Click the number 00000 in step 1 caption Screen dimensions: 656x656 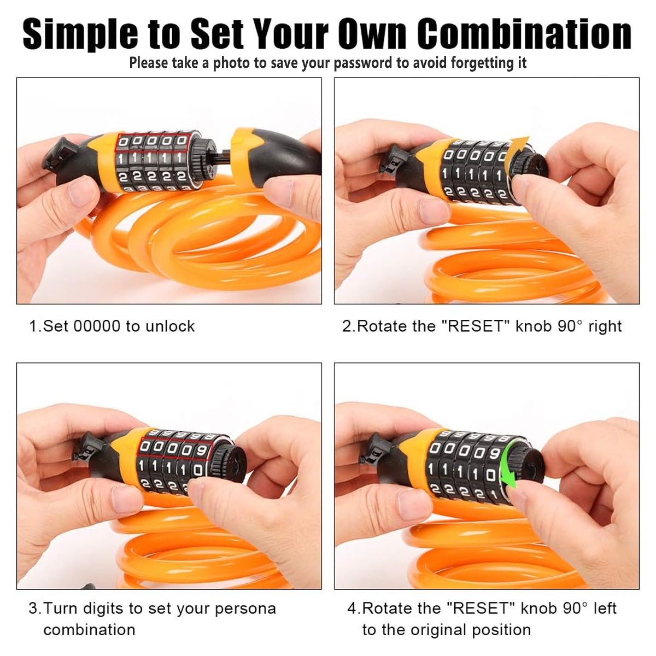point(97,326)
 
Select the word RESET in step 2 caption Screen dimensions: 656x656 point(475,326)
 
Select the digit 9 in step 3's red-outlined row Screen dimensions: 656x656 point(202,451)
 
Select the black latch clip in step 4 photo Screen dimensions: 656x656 point(375,450)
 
